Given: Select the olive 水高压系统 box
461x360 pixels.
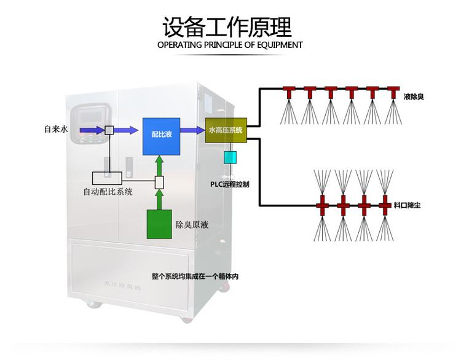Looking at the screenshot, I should point(226,131).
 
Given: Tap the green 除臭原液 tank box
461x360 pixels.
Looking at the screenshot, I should point(159,224).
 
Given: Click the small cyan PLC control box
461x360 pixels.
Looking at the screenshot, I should point(230,157).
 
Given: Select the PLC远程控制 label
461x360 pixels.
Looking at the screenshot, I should point(229,184).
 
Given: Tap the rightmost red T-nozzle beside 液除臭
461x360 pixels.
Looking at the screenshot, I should point(392,92).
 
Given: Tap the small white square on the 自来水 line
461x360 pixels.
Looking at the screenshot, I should point(109,130).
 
